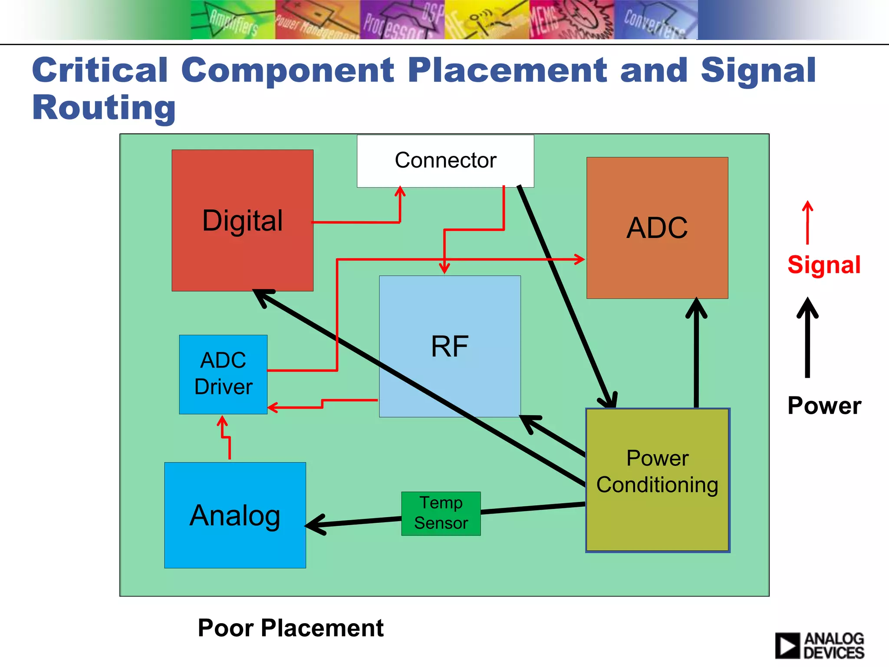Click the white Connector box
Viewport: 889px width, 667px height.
click(x=445, y=161)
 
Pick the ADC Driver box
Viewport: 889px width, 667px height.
click(x=223, y=374)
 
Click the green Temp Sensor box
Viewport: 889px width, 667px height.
click(x=441, y=513)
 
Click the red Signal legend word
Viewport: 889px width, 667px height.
click(x=823, y=265)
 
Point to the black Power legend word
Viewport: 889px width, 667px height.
click(x=824, y=406)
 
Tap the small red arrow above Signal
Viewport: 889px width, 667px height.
click(x=807, y=222)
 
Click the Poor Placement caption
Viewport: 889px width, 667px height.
click(x=290, y=628)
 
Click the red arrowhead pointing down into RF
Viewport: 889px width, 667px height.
click(x=444, y=268)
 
